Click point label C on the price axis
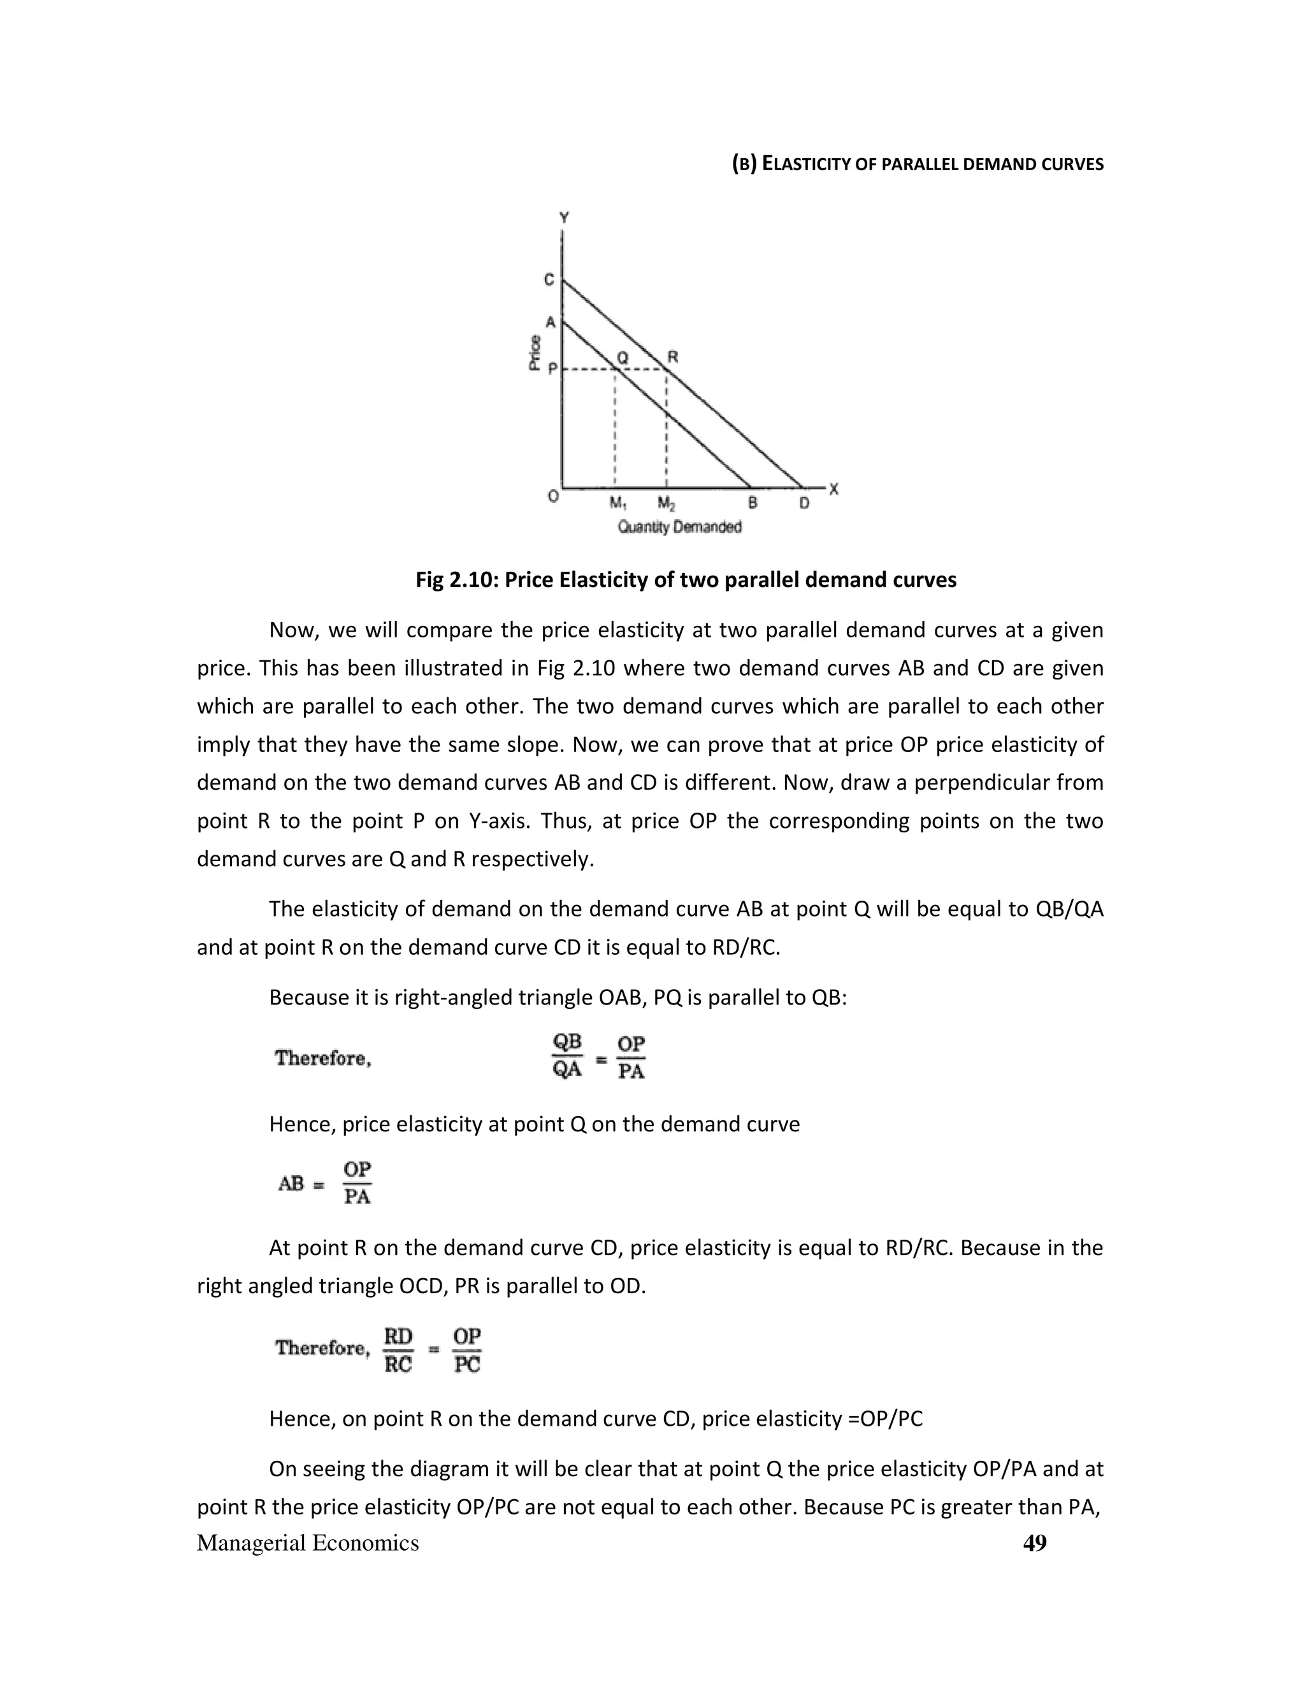pyautogui.click(x=549, y=279)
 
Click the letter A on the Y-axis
pyautogui.click(x=551, y=322)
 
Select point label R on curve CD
pyautogui.click(x=673, y=356)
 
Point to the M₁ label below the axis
pyautogui.click(x=617, y=504)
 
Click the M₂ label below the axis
pyautogui.click(x=667, y=504)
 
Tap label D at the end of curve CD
pyautogui.click(x=804, y=504)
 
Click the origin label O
pyautogui.click(x=552, y=497)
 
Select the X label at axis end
pyautogui.click(x=833, y=489)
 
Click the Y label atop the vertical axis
pyautogui.click(x=563, y=218)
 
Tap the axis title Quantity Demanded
pyautogui.click(x=679, y=526)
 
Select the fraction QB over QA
pyautogui.click(x=568, y=1056)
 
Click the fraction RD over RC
pyautogui.click(x=398, y=1351)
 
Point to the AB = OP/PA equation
pyautogui.click(x=326, y=1183)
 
